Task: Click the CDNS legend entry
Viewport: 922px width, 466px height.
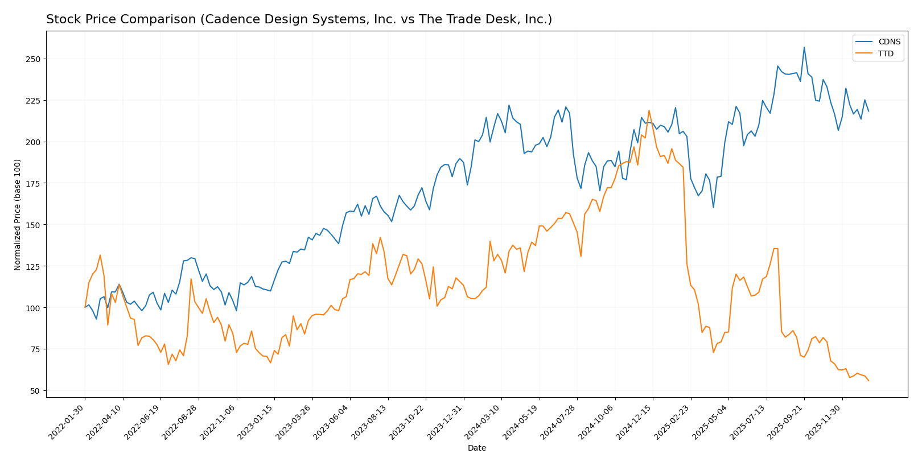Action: point(889,42)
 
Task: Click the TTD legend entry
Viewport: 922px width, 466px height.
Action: point(886,54)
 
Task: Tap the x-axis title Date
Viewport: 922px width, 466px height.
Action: point(476,448)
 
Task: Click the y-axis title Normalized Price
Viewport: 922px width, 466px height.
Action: point(18,215)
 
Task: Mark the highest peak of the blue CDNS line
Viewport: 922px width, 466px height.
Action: point(804,47)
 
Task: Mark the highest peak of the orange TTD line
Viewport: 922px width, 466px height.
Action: point(649,110)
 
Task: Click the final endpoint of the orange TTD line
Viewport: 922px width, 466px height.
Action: point(869,381)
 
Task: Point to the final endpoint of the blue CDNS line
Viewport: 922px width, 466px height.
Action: point(869,111)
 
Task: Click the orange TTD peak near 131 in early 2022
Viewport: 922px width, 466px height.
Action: point(100,255)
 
